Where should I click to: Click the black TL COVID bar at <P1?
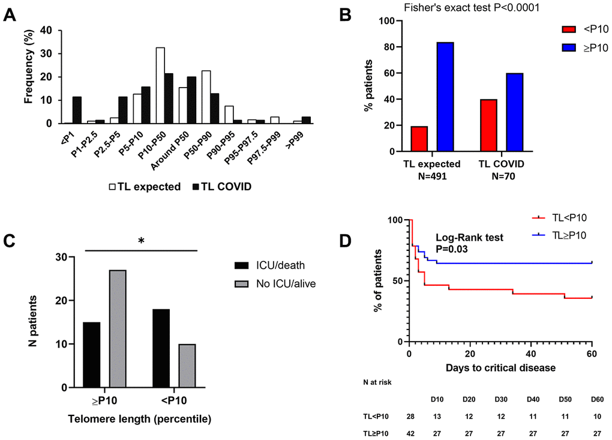coord(77,110)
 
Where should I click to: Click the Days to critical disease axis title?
coord(501,366)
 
